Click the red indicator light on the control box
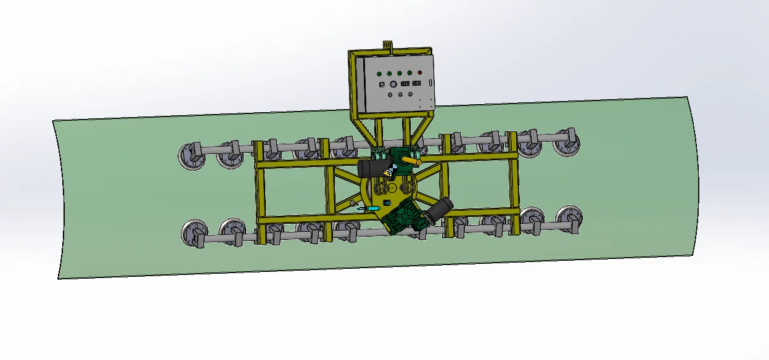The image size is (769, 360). point(419,73)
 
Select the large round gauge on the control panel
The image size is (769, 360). point(393,84)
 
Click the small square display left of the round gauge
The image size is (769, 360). point(382,84)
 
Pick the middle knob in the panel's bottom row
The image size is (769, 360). point(400,94)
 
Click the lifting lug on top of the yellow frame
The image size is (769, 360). point(387,45)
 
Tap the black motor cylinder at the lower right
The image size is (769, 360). point(438,210)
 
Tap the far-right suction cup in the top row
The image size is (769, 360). point(566,142)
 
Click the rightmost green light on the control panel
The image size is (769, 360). point(409,73)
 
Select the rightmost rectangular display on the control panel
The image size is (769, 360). point(417,83)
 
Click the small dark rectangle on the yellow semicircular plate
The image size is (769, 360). point(387,202)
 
